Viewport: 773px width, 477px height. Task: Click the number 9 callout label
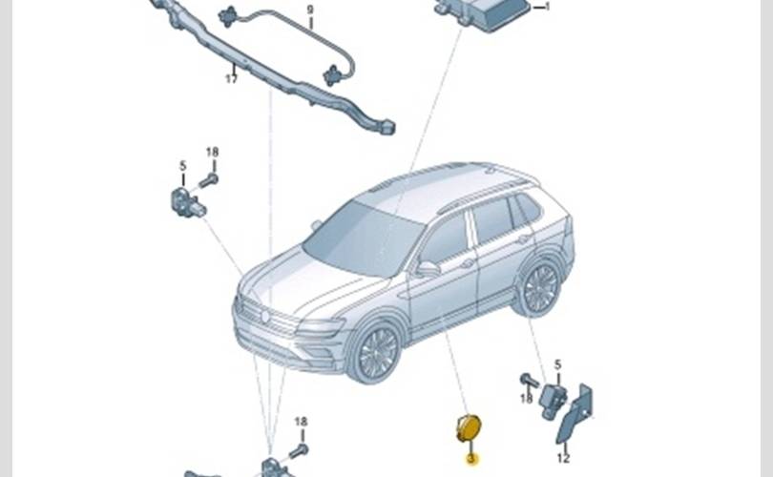310,10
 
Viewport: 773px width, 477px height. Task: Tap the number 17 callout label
232,78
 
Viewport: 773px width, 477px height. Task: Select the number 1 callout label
547,7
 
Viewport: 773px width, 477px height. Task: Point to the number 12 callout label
563,458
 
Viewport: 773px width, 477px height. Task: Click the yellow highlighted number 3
471,459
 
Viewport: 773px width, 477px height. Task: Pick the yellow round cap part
468,427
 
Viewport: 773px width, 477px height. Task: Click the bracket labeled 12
575,413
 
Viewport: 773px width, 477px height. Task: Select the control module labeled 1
484,13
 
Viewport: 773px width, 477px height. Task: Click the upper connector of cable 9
228,17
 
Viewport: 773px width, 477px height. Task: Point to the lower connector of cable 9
331,75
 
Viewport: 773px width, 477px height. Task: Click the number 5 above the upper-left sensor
183,166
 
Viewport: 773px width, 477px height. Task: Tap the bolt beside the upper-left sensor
209,180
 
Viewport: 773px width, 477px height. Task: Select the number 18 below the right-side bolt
527,397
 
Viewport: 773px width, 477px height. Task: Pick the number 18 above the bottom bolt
302,422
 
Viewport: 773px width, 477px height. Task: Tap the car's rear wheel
540,288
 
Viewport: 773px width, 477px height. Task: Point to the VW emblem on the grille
265,317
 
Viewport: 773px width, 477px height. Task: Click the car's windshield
363,238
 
